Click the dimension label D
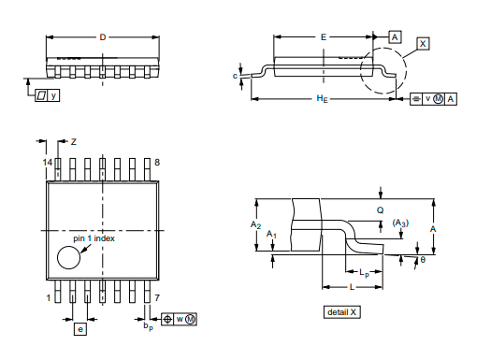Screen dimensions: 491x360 (103, 37)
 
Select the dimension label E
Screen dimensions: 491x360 (324, 37)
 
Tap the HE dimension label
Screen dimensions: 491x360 (323, 99)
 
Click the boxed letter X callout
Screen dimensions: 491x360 (423, 44)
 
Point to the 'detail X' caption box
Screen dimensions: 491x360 (342, 312)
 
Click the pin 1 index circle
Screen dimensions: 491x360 (68, 257)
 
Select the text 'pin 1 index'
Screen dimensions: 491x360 (94, 238)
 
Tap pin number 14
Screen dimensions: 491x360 (48, 163)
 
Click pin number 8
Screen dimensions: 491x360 (157, 163)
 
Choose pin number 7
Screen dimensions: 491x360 (157, 297)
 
